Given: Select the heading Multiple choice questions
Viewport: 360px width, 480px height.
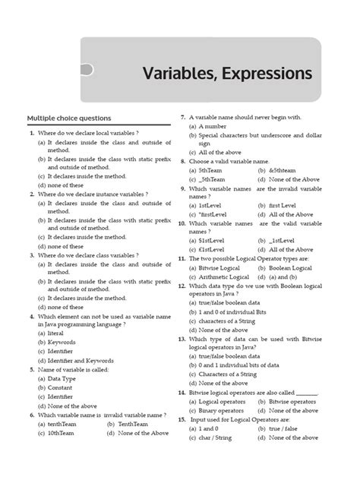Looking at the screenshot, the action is [x=69, y=118].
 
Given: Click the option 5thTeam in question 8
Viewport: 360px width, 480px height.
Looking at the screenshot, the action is [x=210, y=171].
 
